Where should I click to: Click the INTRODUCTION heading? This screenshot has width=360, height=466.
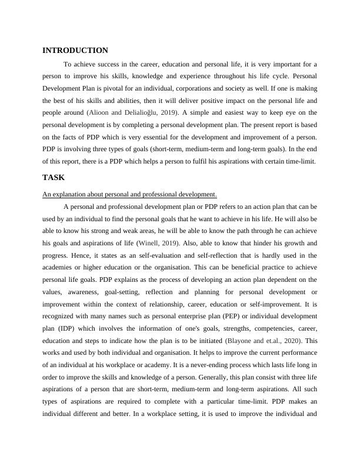tap(75, 51)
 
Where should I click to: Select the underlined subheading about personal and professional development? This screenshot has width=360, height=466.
tap(130, 194)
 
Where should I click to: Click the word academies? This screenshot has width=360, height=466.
tap(59, 267)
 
